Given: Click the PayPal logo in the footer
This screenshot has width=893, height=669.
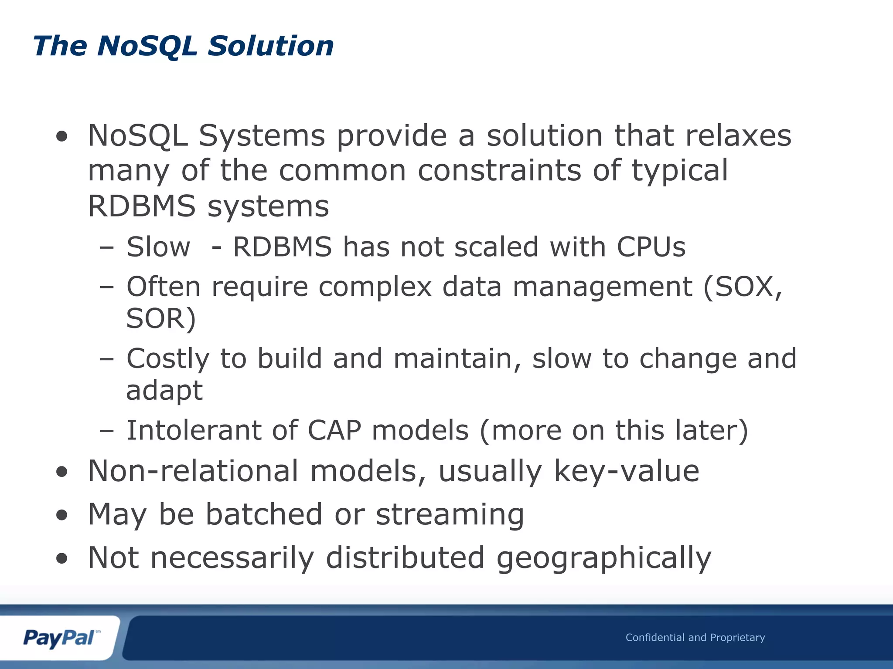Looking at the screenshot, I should [60, 638].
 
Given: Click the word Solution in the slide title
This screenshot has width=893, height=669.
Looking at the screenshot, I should [270, 46].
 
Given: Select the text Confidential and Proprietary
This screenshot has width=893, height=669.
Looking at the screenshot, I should [695, 638].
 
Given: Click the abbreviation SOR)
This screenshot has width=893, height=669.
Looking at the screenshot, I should [161, 319].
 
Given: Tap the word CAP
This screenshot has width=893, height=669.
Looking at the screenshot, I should [334, 430].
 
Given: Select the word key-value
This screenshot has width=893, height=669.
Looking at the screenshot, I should [626, 471].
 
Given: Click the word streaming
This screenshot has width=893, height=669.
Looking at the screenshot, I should [450, 515].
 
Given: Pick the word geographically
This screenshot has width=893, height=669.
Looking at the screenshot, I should [603, 558].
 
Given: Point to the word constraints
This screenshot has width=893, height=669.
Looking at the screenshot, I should [499, 170].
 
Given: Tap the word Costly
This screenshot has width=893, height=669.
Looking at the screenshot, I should [168, 359].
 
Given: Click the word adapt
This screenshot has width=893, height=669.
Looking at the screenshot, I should [164, 391].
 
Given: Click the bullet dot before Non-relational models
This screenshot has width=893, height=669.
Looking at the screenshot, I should [62, 472].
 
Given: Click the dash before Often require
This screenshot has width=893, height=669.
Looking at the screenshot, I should [106, 287].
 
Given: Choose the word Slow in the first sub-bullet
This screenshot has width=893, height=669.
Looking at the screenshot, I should [158, 247].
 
